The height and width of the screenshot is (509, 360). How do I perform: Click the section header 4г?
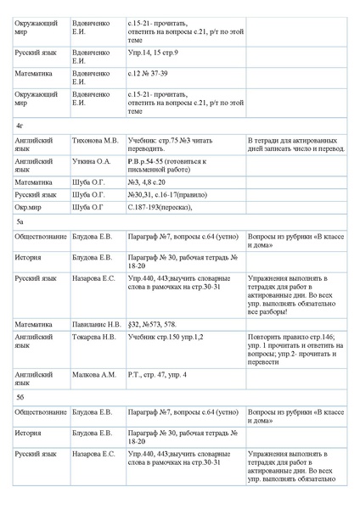coord(20,125)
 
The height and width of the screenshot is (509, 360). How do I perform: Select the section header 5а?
coord(20,221)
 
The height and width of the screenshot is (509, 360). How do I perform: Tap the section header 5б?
coord(20,394)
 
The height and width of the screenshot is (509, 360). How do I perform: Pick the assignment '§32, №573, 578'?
coord(152,323)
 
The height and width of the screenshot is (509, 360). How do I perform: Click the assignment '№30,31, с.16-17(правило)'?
coord(166,193)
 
